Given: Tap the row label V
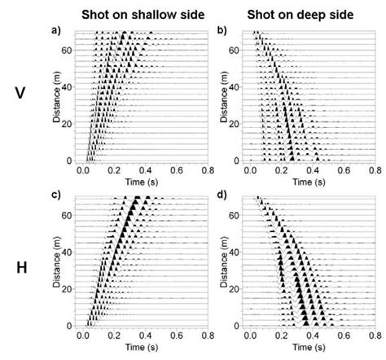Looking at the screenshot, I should point(20,94).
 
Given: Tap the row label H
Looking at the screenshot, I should point(20,266).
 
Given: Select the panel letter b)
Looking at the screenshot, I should point(223,31).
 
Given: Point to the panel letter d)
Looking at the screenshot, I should point(223,195).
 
